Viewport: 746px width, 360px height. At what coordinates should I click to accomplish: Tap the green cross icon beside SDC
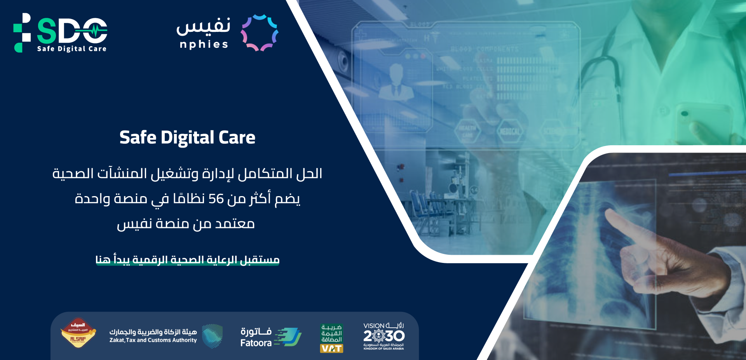[x=22, y=33]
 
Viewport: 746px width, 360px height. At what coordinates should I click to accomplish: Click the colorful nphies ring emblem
[x=260, y=33]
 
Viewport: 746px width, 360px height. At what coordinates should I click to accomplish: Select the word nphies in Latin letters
[x=204, y=45]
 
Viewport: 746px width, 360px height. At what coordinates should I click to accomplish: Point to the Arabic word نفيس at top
[x=203, y=26]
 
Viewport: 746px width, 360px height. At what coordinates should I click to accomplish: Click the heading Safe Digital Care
[x=187, y=137]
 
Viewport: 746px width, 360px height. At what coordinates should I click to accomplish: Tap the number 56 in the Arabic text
[x=216, y=199]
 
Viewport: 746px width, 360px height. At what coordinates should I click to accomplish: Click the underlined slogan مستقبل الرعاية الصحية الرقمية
[x=187, y=259]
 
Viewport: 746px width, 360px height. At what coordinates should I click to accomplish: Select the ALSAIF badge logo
[x=78, y=333]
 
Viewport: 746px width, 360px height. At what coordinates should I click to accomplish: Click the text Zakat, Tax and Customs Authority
[x=153, y=340]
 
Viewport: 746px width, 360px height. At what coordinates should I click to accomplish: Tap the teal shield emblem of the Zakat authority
[x=212, y=336]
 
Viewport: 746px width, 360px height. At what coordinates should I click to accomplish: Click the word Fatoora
[x=256, y=343]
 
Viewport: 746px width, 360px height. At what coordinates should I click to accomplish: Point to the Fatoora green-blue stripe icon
[x=288, y=337]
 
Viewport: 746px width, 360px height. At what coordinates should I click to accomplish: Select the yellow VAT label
[x=331, y=348]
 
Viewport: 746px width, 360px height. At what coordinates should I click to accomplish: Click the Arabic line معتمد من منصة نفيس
[x=186, y=224]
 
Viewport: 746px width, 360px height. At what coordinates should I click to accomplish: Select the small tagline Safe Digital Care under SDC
[x=71, y=49]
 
